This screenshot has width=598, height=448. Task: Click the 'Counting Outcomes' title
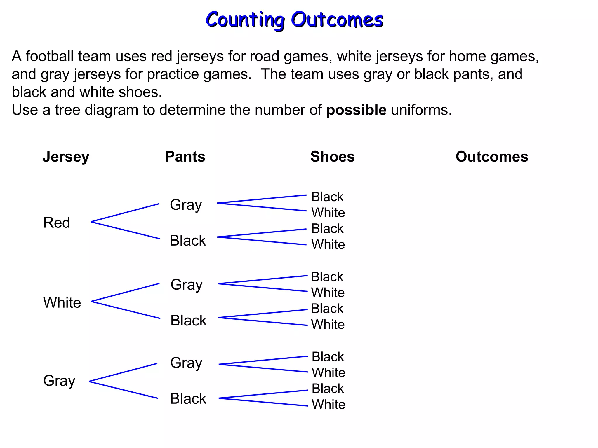[x=294, y=20]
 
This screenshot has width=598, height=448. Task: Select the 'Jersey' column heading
[x=66, y=157]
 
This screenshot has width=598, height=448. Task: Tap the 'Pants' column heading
[x=185, y=157]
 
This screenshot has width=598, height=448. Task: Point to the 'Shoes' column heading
[x=332, y=157]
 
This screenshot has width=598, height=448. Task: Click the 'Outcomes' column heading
[x=492, y=157]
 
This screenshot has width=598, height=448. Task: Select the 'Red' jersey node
[x=57, y=223]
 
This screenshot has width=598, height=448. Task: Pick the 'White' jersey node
[x=62, y=302]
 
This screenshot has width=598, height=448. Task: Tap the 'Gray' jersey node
[x=59, y=381]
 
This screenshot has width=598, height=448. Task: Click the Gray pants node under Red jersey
[x=186, y=205]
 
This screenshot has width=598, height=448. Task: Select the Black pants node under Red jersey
[x=188, y=241]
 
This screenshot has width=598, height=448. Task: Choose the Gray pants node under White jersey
[x=187, y=285]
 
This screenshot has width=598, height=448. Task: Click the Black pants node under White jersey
[x=188, y=320]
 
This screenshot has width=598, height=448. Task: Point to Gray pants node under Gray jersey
[x=186, y=363]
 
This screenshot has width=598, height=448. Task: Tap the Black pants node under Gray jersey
[x=188, y=398]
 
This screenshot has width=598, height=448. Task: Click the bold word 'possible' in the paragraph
[x=356, y=110]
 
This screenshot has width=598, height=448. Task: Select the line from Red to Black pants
[x=126, y=230]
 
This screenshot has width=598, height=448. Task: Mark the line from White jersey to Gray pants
[x=126, y=292]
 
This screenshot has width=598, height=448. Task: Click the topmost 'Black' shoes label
[x=327, y=197]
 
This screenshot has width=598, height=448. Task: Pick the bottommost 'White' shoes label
[x=328, y=405]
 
